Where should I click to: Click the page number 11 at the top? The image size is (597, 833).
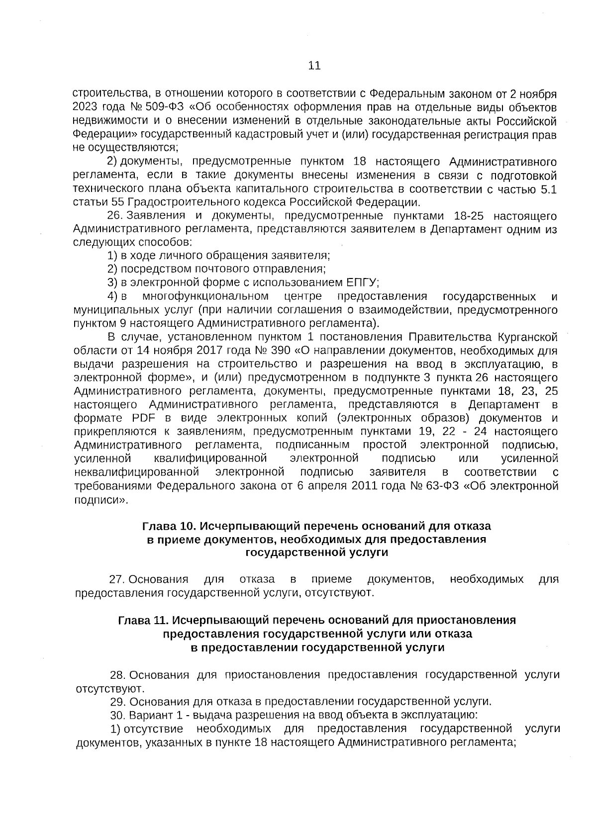click(314, 66)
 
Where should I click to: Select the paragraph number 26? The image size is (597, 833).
click(115, 216)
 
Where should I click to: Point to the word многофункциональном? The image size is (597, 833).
click(205, 297)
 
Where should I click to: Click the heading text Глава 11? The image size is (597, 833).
click(141, 621)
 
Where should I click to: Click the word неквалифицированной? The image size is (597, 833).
click(137, 471)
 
